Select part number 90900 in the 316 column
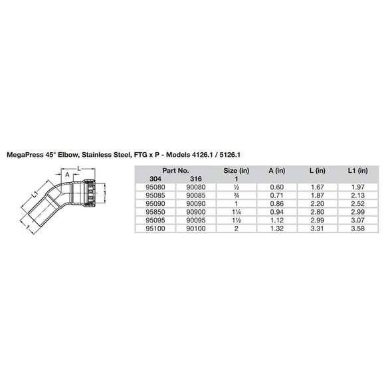(197, 211)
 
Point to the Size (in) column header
(236, 171)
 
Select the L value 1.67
(317, 187)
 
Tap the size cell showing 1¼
(236, 211)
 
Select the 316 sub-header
(197, 179)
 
